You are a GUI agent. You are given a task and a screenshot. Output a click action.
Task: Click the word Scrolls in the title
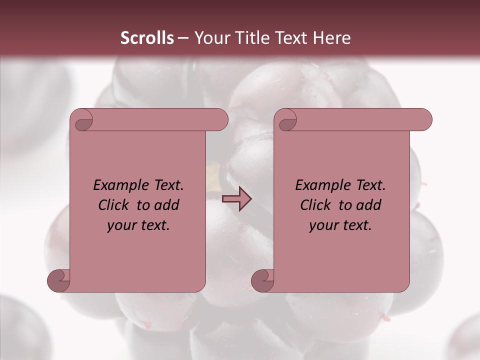147,38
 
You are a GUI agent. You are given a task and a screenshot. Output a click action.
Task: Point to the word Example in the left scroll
115,185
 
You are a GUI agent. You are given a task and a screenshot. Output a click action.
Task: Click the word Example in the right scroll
317,185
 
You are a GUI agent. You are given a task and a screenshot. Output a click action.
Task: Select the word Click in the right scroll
316,205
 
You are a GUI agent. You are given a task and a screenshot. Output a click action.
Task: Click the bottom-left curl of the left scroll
59,280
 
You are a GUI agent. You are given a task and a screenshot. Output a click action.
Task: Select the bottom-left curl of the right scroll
263,280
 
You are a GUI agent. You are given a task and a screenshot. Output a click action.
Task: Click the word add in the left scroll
166,205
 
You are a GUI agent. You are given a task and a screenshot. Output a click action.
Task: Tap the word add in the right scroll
368,205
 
